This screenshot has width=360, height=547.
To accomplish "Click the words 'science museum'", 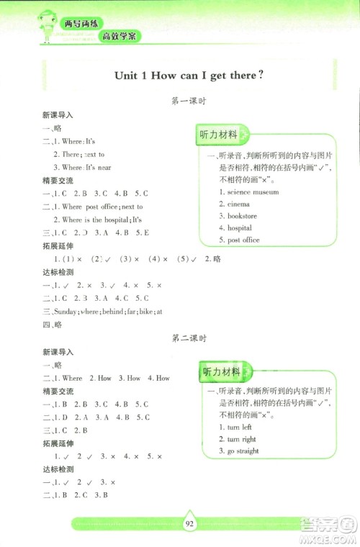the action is click(x=253, y=192).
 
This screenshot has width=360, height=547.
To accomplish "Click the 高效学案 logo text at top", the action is click(x=120, y=36).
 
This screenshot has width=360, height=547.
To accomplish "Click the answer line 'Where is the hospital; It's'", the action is click(x=102, y=220).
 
